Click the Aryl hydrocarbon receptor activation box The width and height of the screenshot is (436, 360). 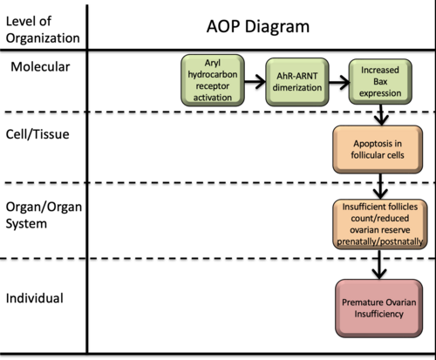pyautogui.click(x=213, y=80)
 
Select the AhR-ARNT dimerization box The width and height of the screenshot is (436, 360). pyautogui.click(x=297, y=82)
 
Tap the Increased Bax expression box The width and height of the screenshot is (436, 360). pyautogui.click(x=380, y=82)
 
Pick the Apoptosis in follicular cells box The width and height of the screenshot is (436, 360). pyautogui.click(x=378, y=149)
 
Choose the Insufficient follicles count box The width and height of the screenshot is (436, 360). pyautogui.click(x=380, y=224)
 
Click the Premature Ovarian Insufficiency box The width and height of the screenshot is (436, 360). pyautogui.click(x=378, y=309)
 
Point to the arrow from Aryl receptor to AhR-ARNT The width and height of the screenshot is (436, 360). pyautogui.click(x=255, y=81)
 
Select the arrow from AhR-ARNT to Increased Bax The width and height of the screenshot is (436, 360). pyautogui.click(x=339, y=82)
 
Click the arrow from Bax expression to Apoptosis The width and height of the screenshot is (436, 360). pyautogui.click(x=381, y=115)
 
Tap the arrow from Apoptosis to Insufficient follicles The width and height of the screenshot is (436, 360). pyautogui.click(x=380, y=187)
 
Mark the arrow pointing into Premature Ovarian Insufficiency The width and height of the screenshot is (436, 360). pyautogui.click(x=379, y=264)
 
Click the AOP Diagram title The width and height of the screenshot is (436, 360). pyautogui.click(x=258, y=26)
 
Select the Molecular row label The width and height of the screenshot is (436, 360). pyautogui.click(x=40, y=67)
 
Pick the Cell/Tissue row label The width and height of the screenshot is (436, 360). pyautogui.click(x=37, y=134)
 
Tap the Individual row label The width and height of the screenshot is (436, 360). pyautogui.click(x=35, y=298)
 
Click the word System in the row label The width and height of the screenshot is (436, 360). pyautogui.click(x=26, y=224)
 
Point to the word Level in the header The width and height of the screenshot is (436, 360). pyautogui.click(x=19, y=21)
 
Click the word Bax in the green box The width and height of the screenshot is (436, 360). pyautogui.click(x=380, y=82)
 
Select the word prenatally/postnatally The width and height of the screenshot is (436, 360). pyautogui.click(x=379, y=241)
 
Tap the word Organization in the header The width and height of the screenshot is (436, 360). pyautogui.click(x=43, y=38)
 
